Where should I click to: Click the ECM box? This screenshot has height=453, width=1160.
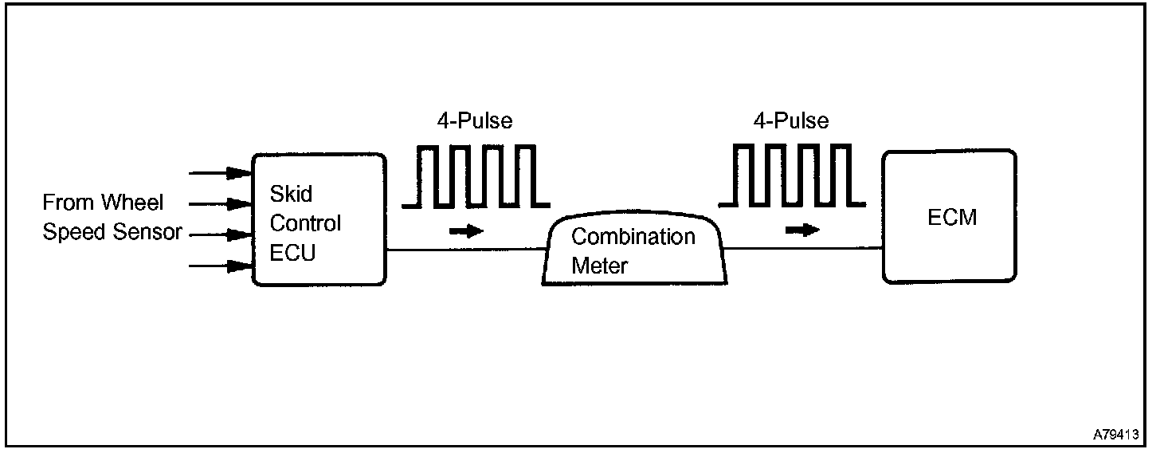[949, 217]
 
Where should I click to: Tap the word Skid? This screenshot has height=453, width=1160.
[291, 194]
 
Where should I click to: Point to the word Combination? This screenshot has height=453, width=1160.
[633, 237]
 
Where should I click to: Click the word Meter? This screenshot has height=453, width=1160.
[599, 266]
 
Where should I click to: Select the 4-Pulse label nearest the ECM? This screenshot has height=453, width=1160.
[790, 121]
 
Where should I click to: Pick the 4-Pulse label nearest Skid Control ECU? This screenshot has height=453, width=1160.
[475, 121]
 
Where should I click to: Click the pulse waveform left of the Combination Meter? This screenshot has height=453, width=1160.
[476, 176]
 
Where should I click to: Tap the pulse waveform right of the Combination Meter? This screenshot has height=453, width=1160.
[792, 176]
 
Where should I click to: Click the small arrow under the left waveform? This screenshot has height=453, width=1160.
[466, 231]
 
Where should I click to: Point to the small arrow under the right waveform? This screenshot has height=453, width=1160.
[801, 230]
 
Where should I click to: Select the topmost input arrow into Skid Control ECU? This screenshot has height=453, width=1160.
[219, 172]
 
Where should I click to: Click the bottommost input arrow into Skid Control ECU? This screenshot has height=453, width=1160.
[219, 266]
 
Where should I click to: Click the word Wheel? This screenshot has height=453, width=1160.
[131, 203]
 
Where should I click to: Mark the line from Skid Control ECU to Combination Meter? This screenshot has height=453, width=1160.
[466, 250]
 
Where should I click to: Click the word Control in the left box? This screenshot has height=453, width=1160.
[305, 223]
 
